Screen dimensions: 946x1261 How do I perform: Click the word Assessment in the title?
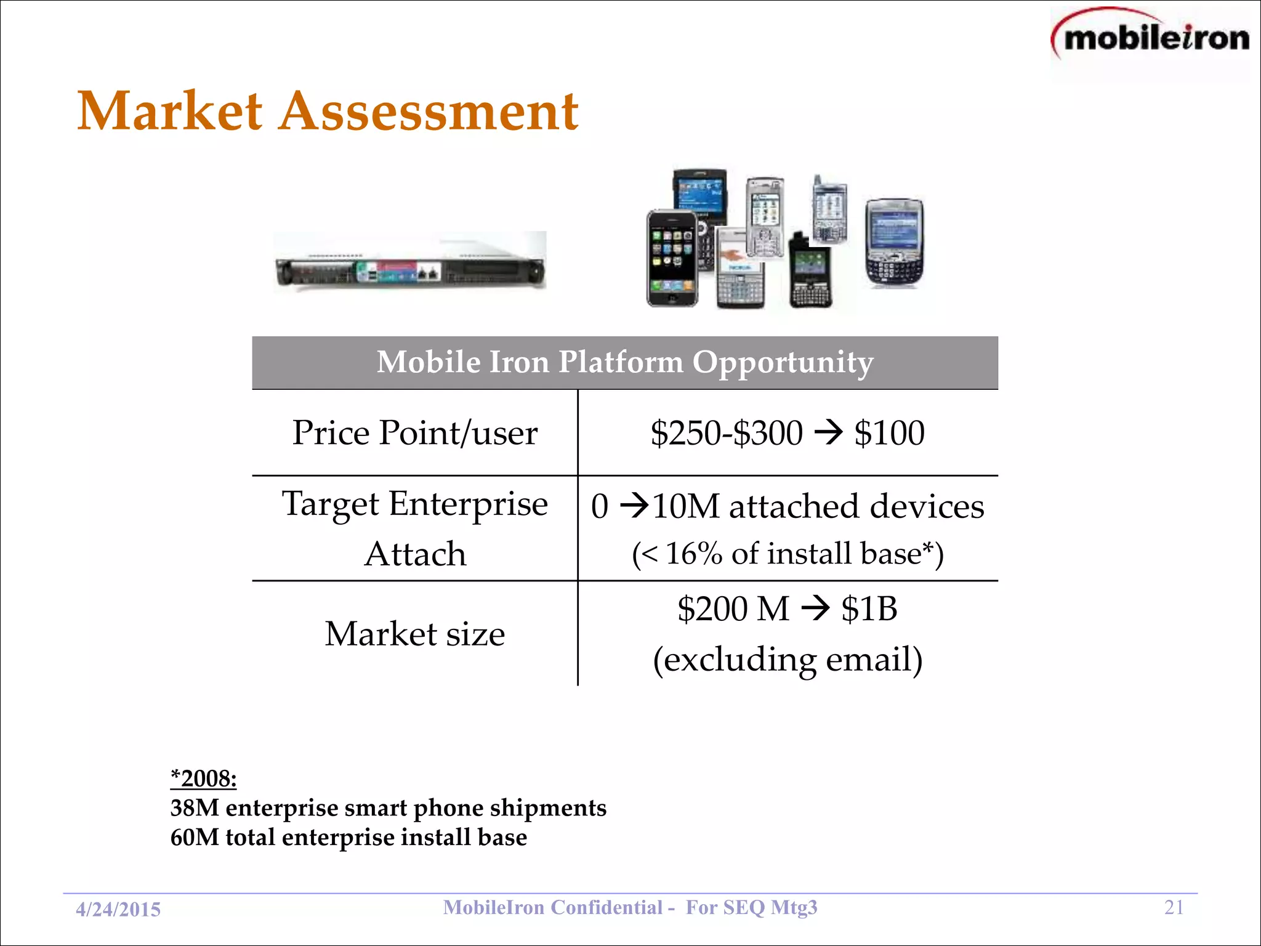(429, 112)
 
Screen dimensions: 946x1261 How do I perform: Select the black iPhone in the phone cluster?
(671, 259)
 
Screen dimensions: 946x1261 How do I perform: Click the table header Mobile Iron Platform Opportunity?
(624, 362)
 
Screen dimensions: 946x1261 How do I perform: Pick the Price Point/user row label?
(414, 432)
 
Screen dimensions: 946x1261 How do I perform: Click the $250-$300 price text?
(727, 432)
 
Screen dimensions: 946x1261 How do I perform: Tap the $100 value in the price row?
(889, 432)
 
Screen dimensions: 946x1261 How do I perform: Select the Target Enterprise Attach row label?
(414, 528)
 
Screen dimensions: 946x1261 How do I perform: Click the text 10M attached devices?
(818, 506)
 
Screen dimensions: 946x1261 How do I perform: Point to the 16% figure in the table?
(693, 553)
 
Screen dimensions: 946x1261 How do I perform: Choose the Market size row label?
(414, 634)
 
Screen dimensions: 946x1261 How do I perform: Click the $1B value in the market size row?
(869, 608)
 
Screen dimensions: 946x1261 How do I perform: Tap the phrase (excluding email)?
(788, 659)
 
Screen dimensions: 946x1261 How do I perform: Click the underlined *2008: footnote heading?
(203, 778)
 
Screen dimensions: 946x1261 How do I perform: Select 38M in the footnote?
(195, 807)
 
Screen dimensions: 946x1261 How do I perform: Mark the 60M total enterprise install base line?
(348, 837)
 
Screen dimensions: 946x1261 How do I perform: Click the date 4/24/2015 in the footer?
(118, 909)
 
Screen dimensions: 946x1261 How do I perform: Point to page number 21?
(1174, 907)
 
